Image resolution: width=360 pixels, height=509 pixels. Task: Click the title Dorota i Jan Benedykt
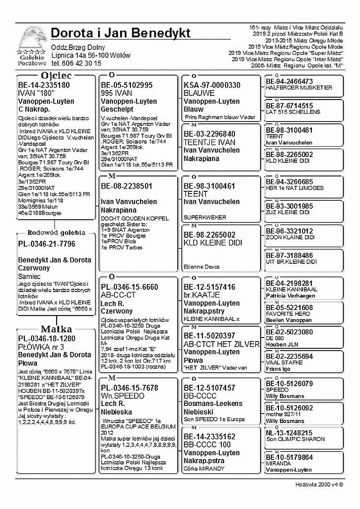(x=121, y=33)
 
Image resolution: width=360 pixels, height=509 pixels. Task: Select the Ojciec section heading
(x=56, y=75)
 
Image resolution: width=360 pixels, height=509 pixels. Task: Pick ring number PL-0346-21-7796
(x=47, y=244)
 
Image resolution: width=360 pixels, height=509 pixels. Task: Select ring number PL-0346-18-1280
(x=47, y=338)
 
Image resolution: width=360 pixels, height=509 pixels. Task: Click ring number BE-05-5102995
(x=126, y=85)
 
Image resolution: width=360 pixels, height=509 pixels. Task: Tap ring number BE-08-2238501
(x=126, y=186)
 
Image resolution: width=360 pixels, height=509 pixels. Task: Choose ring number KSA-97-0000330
(x=212, y=85)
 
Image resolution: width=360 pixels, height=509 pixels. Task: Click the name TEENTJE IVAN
(x=210, y=142)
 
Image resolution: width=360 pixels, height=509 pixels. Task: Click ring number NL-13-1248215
(x=289, y=433)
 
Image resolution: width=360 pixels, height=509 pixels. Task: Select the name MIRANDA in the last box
(x=278, y=464)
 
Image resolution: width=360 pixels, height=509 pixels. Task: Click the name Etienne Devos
(x=202, y=267)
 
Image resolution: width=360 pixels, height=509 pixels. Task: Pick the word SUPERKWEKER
(x=205, y=217)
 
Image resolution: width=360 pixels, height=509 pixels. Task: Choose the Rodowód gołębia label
(x=56, y=233)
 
